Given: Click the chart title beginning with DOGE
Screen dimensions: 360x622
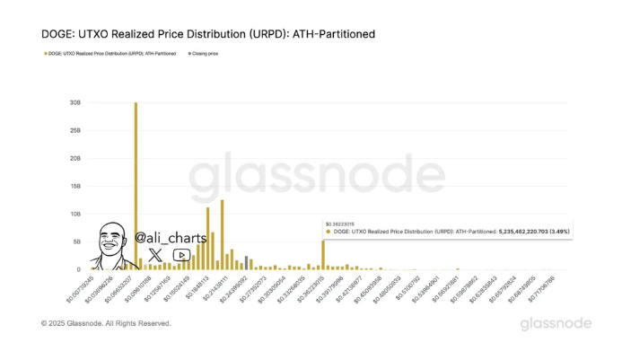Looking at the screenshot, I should point(208,34).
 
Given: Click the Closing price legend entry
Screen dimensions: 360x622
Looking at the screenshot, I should point(205,54).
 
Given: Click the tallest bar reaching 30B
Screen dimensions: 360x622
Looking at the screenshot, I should point(136,180).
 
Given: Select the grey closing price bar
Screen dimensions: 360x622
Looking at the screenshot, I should point(246,263).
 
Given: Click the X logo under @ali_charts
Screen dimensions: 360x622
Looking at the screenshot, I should point(154,255).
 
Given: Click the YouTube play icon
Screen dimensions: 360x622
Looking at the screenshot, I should point(180,255).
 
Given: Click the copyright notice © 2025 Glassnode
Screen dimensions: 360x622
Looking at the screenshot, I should point(106,323).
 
